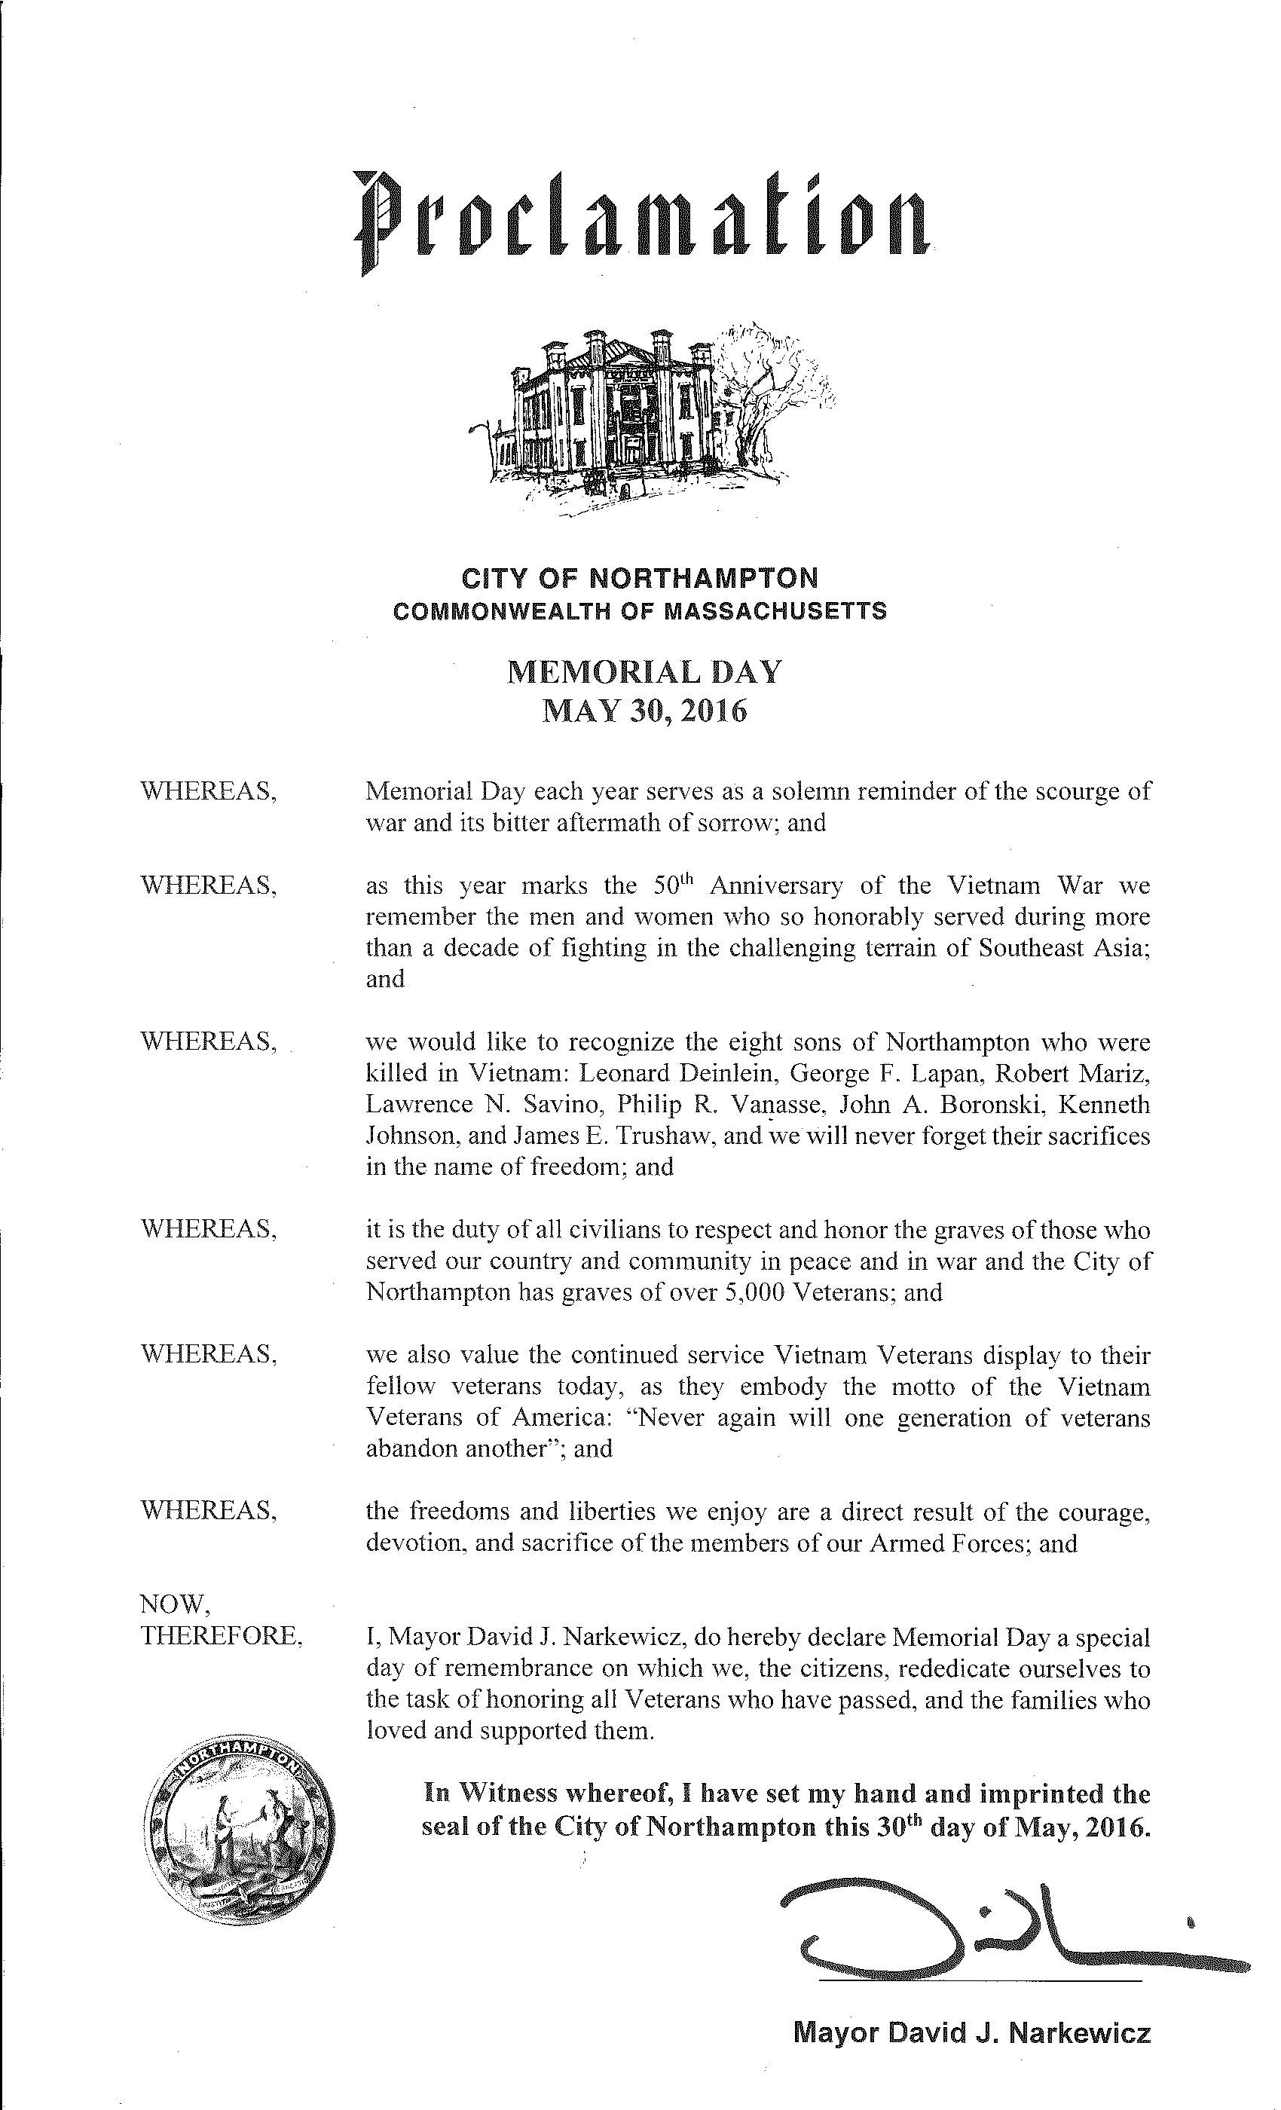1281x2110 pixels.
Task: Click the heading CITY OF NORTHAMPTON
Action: tap(640, 578)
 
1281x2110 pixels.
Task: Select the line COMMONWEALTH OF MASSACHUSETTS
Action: tap(640, 611)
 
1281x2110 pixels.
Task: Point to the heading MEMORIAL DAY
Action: tap(644, 672)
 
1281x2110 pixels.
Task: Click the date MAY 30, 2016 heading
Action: tap(644, 711)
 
